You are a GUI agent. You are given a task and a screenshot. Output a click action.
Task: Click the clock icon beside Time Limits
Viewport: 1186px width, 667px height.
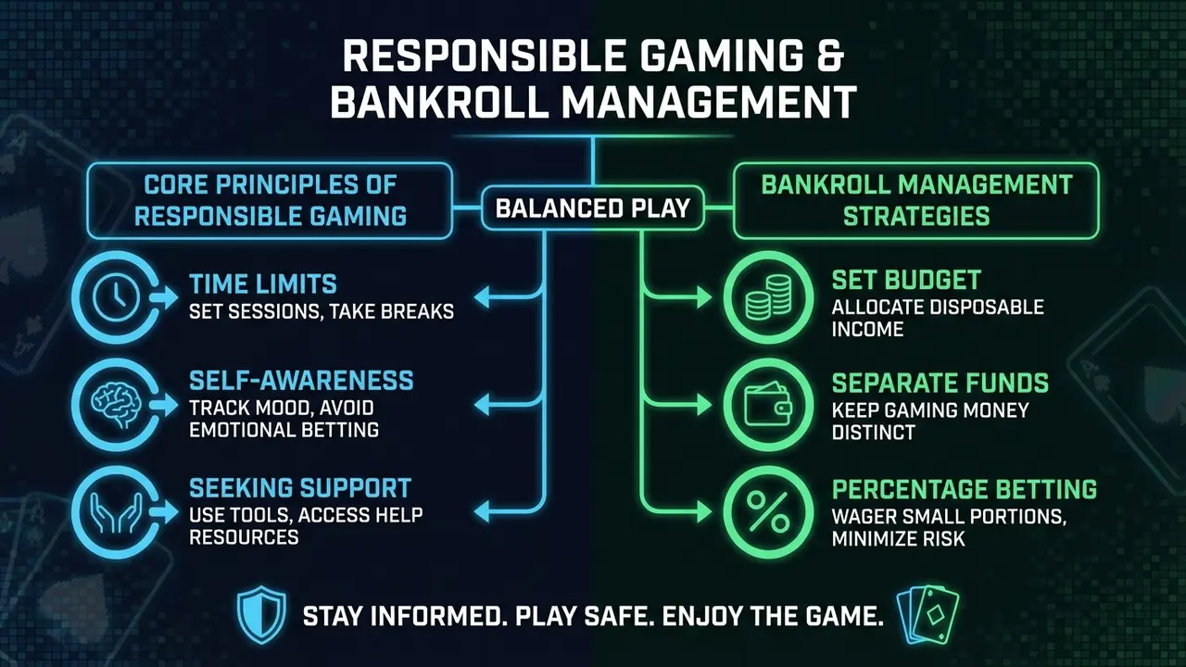[116, 297]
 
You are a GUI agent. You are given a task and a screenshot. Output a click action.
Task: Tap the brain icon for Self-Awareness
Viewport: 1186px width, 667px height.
[117, 405]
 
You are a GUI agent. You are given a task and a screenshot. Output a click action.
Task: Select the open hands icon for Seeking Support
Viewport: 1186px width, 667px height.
[117, 512]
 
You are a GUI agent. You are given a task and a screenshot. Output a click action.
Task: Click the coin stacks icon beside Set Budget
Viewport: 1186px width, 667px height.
[768, 297]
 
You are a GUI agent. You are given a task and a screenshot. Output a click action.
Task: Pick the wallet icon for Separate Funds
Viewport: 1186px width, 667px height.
[768, 405]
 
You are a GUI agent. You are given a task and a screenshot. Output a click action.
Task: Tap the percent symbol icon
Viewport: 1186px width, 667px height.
[768, 512]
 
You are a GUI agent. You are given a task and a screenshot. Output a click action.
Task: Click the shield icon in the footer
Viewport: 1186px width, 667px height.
[261, 614]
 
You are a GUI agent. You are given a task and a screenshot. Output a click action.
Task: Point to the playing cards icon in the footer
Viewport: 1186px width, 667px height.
[927, 615]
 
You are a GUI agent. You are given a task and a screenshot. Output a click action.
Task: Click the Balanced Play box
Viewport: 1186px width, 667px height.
[593, 208]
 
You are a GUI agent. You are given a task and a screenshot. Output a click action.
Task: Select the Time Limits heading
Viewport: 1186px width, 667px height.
[263, 283]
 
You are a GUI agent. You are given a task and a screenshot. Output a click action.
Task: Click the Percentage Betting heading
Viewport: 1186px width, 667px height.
[965, 489]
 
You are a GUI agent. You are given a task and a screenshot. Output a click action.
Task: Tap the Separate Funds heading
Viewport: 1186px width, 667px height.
[940, 383]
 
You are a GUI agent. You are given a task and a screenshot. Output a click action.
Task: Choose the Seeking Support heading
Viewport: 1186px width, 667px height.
[300, 487]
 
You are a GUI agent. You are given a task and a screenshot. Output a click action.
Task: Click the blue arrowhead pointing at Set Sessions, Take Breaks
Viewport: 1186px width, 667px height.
[481, 297]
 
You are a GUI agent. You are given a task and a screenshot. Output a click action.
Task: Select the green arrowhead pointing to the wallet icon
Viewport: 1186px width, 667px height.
[705, 405]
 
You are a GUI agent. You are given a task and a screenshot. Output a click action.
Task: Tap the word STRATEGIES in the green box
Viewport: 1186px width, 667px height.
[916, 216]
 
